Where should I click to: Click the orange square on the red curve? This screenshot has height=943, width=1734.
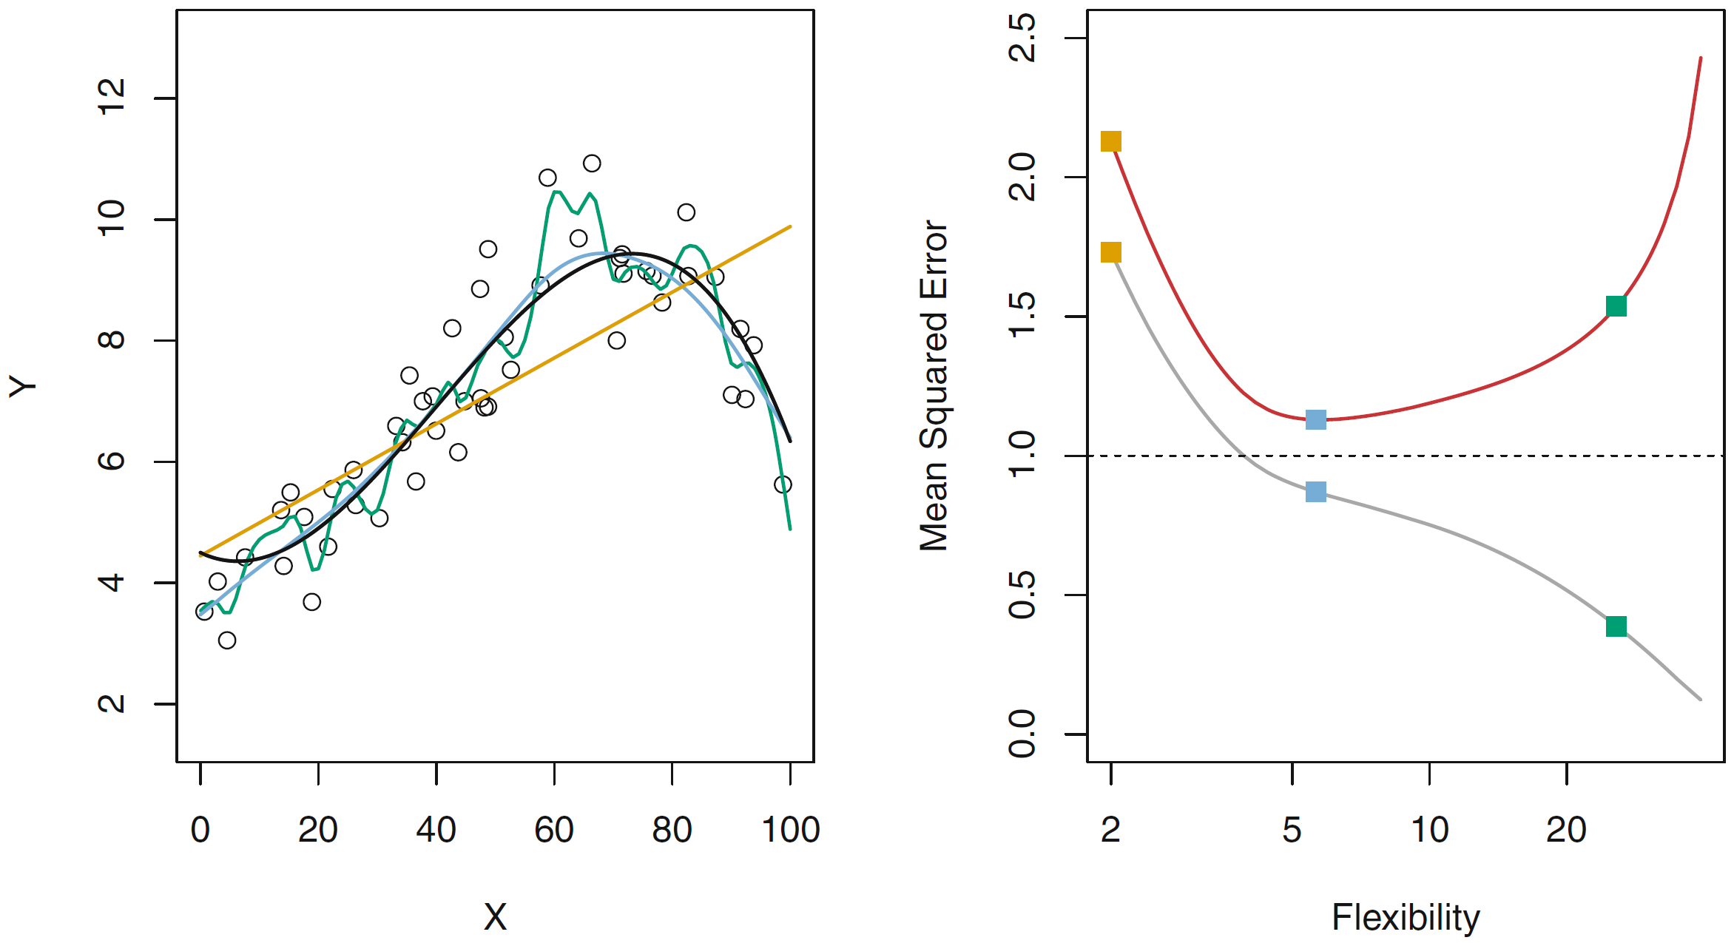click(1110, 141)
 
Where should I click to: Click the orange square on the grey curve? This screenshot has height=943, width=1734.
click(1110, 253)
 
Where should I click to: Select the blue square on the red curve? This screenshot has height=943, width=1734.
click(1315, 420)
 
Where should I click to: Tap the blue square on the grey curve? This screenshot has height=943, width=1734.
click(1315, 492)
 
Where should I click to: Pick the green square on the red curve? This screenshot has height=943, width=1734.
click(1616, 306)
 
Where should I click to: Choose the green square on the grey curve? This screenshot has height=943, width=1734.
click(1616, 626)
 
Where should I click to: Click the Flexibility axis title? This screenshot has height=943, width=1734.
click(1406, 918)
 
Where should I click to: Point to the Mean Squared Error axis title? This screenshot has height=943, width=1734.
click(934, 385)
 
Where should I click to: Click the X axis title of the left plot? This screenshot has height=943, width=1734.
click(495, 918)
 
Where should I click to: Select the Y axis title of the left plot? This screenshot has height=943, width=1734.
click(23, 385)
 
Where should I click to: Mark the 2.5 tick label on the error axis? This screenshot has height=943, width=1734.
click(1023, 38)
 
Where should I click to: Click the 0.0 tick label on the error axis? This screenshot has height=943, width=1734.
click(1023, 734)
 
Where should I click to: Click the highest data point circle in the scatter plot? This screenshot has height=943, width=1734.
click(592, 163)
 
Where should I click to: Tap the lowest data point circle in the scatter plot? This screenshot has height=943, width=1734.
click(227, 641)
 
